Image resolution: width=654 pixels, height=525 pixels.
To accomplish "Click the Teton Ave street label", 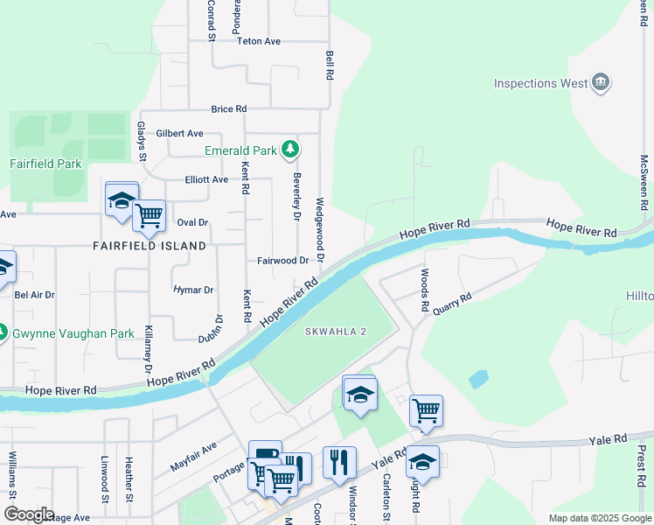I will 258,41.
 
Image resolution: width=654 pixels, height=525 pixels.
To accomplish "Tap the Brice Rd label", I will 228,109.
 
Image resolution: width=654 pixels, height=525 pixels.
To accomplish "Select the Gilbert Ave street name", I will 179,134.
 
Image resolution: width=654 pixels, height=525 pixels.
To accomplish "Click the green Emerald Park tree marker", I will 290,150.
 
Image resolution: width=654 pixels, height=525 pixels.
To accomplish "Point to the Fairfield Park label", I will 45,164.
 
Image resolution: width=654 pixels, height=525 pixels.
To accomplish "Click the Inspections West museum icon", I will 601,83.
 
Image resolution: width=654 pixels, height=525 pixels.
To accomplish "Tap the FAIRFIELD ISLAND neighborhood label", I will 149,246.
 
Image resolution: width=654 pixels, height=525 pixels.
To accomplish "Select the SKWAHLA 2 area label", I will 337,332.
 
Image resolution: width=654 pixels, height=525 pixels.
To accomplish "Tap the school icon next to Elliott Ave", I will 122,199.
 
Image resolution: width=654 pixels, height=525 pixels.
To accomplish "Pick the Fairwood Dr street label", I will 282,261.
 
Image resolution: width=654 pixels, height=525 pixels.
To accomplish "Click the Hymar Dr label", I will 193,290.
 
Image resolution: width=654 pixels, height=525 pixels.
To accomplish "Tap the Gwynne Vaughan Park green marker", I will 3,333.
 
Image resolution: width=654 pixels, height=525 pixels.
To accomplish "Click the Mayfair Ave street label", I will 193,458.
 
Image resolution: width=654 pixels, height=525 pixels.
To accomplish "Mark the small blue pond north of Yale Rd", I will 477,379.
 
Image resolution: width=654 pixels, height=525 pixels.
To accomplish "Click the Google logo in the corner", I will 28,514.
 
